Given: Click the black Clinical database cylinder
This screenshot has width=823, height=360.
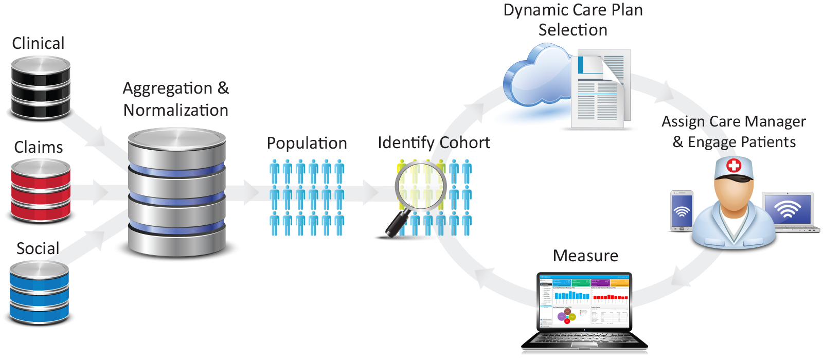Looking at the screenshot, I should pyautogui.click(x=41, y=87).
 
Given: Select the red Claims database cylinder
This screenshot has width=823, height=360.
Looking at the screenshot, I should pyautogui.click(x=41, y=190).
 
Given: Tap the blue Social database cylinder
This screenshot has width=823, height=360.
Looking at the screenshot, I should pyautogui.click(x=39, y=292).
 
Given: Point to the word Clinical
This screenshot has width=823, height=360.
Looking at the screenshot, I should pyautogui.click(x=38, y=43).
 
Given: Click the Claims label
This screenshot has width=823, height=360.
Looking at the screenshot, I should pyautogui.click(x=39, y=148).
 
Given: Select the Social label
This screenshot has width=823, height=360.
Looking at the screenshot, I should pyautogui.click(x=38, y=248).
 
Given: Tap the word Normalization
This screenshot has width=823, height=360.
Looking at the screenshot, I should pyautogui.click(x=176, y=110).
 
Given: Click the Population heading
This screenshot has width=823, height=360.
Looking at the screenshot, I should pyautogui.click(x=307, y=143).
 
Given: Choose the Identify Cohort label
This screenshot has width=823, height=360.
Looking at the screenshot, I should pyautogui.click(x=434, y=142).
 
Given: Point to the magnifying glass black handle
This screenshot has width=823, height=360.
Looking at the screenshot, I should pyautogui.click(x=397, y=224).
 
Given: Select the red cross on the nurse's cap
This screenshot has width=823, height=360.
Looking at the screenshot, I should pyautogui.click(x=733, y=166).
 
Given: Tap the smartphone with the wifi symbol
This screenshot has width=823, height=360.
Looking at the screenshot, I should pyautogui.click(x=682, y=211).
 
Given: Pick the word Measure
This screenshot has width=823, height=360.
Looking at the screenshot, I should pyautogui.click(x=585, y=256).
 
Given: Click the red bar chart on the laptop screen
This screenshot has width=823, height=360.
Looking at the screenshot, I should pyautogui.click(x=610, y=297).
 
